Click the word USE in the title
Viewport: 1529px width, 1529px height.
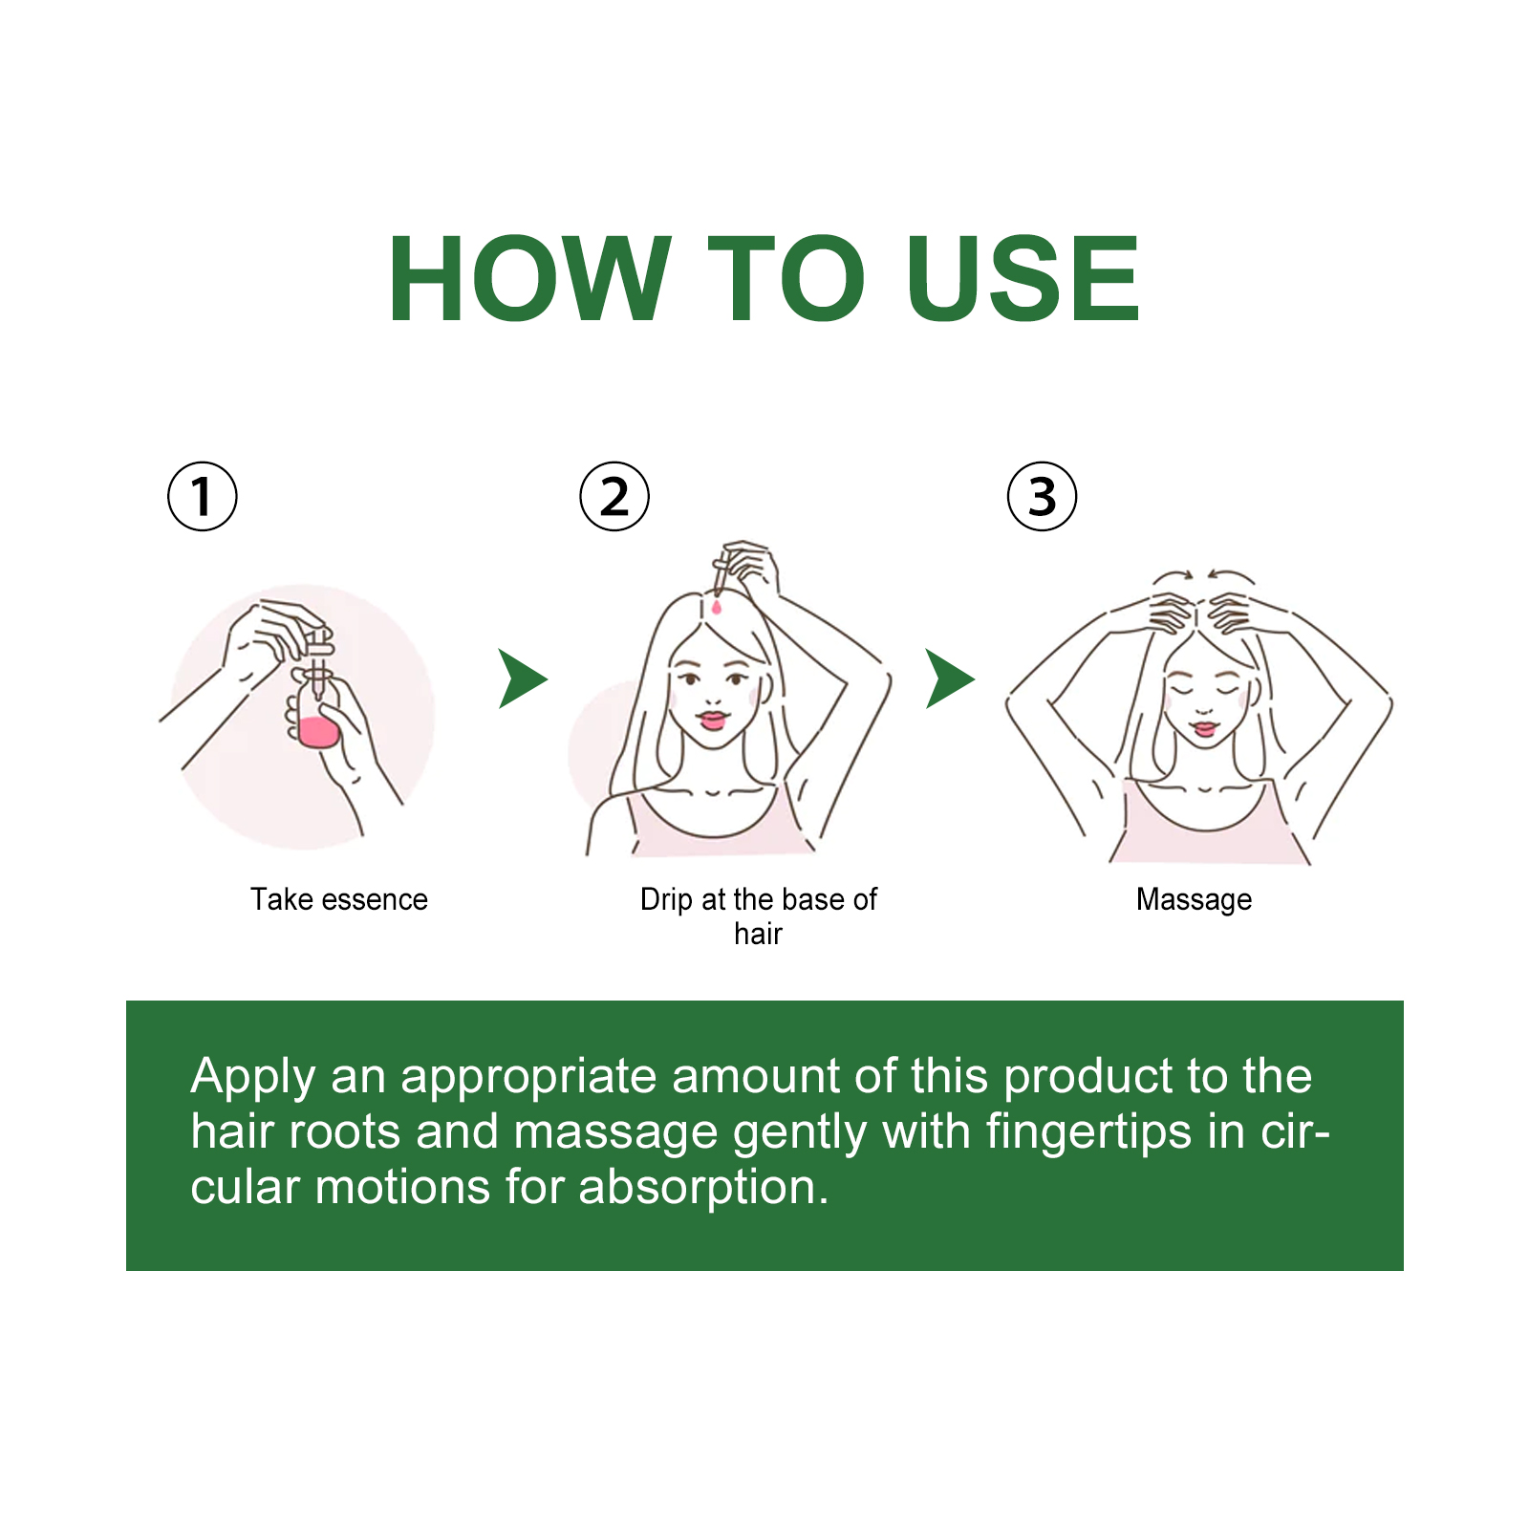click(x=1022, y=279)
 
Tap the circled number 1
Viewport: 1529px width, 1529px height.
click(x=202, y=496)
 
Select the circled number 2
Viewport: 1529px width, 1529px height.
click(x=614, y=496)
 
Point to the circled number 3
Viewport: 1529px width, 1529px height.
click(x=1042, y=496)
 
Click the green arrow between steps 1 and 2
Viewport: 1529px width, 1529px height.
click(x=521, y=678)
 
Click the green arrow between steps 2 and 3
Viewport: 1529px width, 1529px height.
click(x=949, y=678)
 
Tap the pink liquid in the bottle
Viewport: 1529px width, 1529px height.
click(x=317, y=732)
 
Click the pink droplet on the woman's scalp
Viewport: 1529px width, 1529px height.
click(x=717, y=605)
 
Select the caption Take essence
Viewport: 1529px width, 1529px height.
click(x=339, y=899)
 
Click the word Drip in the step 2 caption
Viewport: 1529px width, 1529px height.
click(x=666, y=899)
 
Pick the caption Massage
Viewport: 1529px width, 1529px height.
click(x=1194, y=900)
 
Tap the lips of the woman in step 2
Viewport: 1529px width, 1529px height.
click(x=713, y=719)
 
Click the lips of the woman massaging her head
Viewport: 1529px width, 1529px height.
click(x=1206, y=728)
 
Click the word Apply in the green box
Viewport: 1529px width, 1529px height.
click(x=253, y=1078)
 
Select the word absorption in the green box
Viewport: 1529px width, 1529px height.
click(x=703, y=1189)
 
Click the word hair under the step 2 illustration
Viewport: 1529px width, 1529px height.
click(x=758, y=934)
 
